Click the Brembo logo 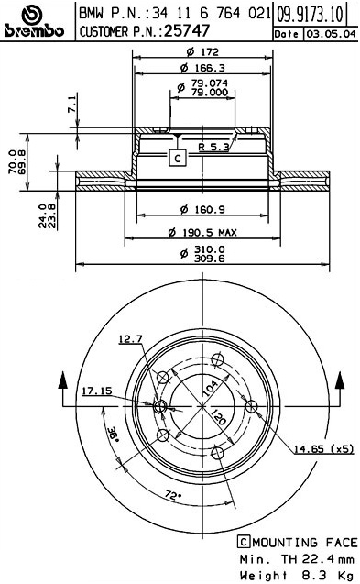(x=34, y=21)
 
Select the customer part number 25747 (x=187, y=31)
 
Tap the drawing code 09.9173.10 (x=310, y=15)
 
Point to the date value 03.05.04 (x=331, y=34)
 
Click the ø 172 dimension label (x=202, y=52)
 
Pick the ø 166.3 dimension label (x=202, y=68)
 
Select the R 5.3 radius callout (x=213, y=147)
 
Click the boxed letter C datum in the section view (x=177, y=158)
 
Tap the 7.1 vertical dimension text (x=72, y=104)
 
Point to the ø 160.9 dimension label (x=202, y=210)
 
